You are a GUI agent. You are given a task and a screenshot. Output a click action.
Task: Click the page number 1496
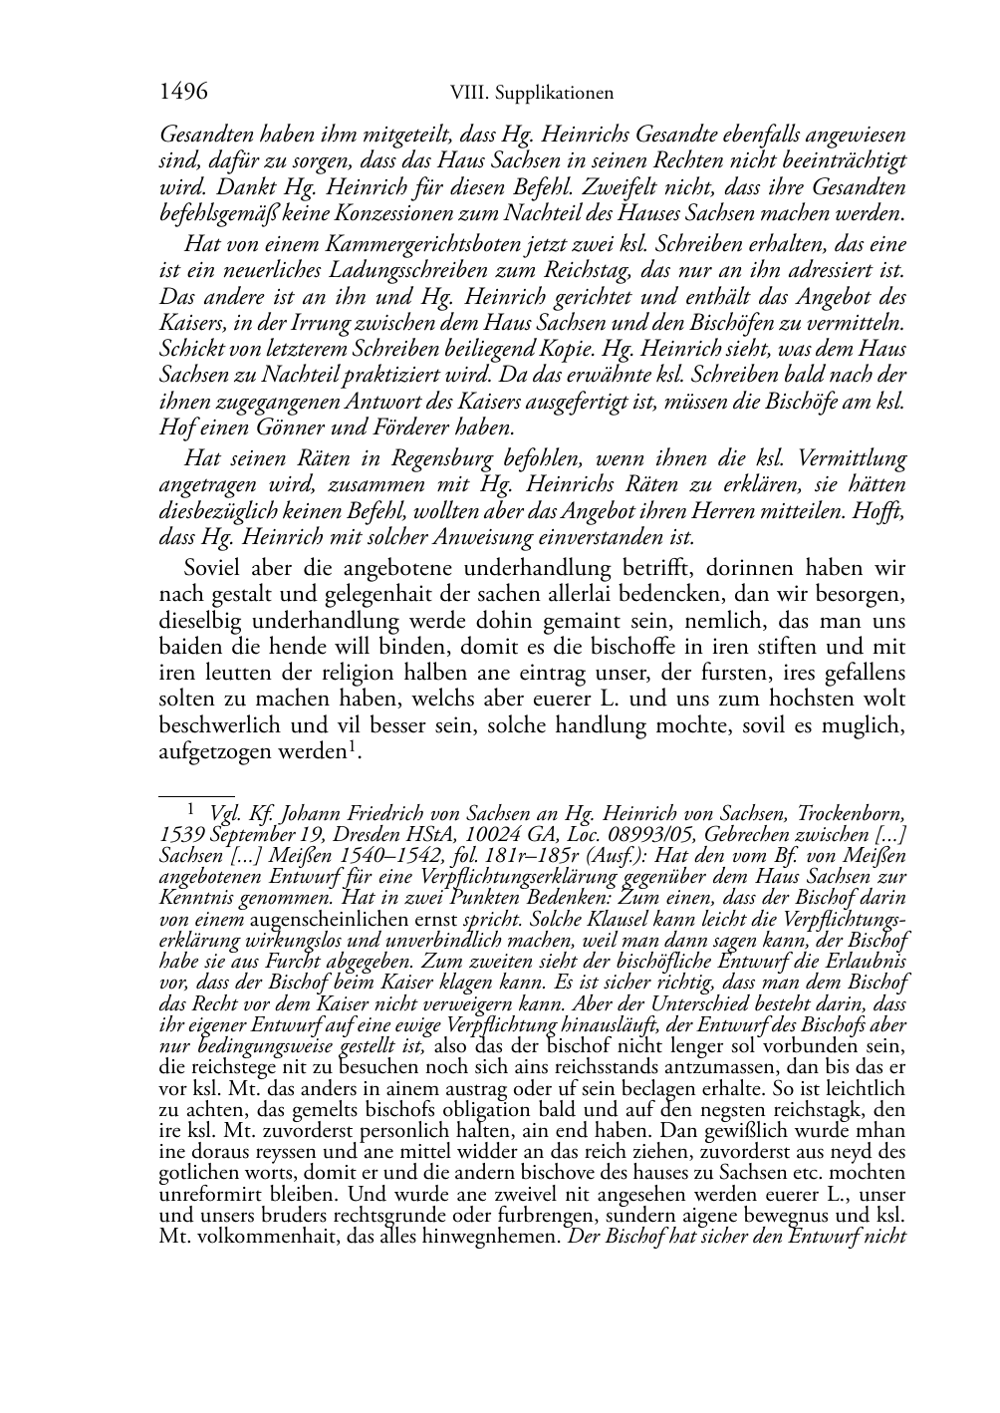click(x=183, y=93)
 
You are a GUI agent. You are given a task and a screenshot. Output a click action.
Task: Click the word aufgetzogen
click(x=208, y=752)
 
